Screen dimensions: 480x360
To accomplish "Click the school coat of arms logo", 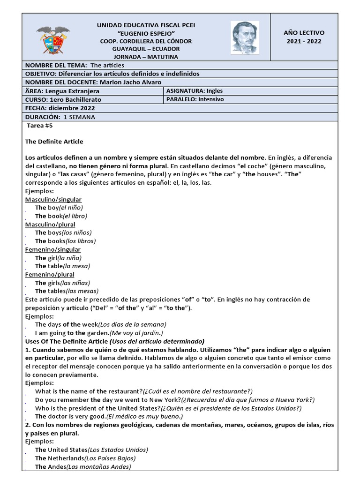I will point(52,39).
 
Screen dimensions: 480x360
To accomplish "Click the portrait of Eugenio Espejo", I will point(245,37).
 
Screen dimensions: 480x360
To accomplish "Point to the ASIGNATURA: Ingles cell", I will point(195,91).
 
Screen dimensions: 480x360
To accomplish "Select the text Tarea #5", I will point(40,126).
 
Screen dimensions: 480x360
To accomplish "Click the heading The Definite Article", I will point(54,141).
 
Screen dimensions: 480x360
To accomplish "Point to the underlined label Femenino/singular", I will point(52,249).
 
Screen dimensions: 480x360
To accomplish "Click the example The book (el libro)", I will point(61,216).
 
